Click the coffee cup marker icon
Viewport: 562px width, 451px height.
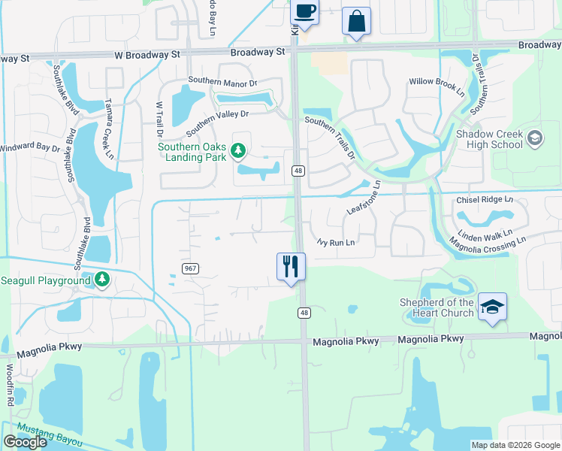click(304, 12)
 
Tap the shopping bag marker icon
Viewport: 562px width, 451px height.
click(356, 21)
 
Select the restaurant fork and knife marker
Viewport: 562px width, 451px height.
click(291, 266)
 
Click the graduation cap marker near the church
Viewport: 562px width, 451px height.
click(491, 307)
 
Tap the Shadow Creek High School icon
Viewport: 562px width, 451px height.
click(534, 138)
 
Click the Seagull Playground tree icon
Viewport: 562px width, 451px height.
click(102, 280)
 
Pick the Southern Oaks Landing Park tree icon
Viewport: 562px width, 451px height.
click(237, 152)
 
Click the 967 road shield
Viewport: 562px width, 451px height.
click(189, 268)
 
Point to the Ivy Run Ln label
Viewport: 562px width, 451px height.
click(335, 242)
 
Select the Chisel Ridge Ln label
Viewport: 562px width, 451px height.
click(485, 200)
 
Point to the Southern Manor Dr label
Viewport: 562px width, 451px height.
click(222, 80)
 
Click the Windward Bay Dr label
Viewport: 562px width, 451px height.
click(30, 148)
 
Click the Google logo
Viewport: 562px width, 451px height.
click(25, 442)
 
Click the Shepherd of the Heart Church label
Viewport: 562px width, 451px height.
click(437, 307)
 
